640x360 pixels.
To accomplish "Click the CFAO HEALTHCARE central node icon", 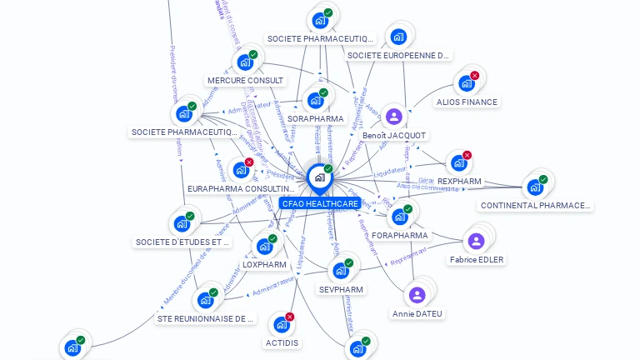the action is click(x=319, y=177).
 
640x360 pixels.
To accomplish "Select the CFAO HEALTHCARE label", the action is click(x=320, y=203).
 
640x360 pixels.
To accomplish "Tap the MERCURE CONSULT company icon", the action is click(x=245, y=62).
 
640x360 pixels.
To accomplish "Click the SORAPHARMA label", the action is click(x=315, y=119).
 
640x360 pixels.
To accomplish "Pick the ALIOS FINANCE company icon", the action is click(x=466, y=83).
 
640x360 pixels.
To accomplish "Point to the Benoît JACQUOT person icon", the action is click(x=394, y=117).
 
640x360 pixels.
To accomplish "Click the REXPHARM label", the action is click(x=459, y=181).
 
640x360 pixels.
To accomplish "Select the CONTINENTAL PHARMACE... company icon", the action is click(x=535, y=187).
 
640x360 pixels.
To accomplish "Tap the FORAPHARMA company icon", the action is click(x=400, y=217).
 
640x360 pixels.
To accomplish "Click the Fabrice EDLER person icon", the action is click(x=476, y=242).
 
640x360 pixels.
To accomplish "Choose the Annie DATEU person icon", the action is click(x=417, y=295).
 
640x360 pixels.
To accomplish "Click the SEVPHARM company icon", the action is click(x=340, y=271).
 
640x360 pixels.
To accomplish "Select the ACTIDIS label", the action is click(x=282, y=342).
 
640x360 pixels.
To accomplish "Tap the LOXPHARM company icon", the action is click(x=264, y=247).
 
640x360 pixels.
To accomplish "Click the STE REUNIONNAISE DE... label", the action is click(x=206, y=318).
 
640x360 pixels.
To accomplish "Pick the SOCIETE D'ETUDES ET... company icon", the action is click(x=182, y=223).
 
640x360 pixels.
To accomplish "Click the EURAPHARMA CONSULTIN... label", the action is click(x=242, y=189).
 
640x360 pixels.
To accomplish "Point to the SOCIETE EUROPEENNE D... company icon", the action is click(x=398, y=37).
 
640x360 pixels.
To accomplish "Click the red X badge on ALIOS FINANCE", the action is click(x=474, y=76).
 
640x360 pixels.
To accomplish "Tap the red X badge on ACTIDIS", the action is click(x=290, y=317).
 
